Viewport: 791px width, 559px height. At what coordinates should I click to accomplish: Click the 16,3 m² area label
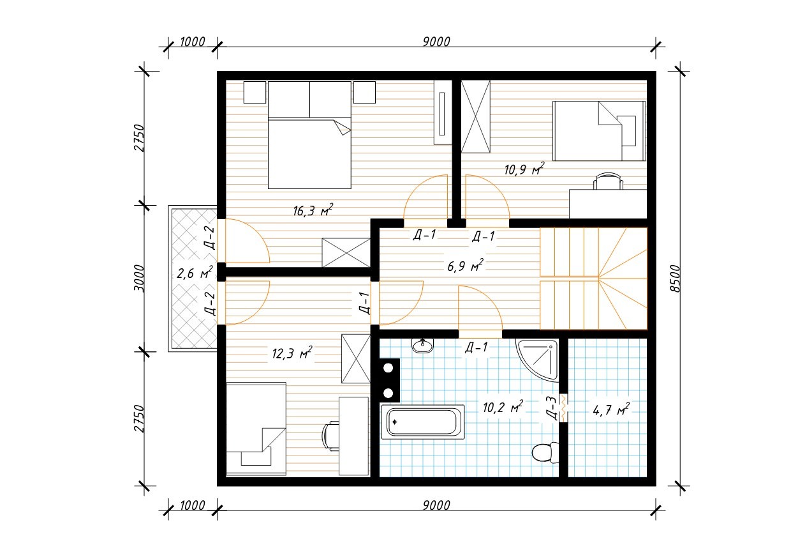tap(313, 210)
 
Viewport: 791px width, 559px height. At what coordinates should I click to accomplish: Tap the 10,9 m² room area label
tap(524, 169)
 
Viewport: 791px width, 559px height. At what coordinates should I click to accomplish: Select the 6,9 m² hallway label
tap(465, 265)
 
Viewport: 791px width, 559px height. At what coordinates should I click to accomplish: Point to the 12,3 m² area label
tap(292, 353)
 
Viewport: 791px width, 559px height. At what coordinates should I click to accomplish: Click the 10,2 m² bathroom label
tap(503, 407)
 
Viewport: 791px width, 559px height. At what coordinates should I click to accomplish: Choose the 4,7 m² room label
tap(611, 410)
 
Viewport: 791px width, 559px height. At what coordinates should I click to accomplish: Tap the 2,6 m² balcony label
tap(195, 273)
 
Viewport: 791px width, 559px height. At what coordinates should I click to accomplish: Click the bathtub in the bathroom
tap(422, 422)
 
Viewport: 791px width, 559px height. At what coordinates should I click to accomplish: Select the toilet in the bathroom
tap(545, 453)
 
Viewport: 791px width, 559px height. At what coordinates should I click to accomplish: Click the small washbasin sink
tap(422, 345)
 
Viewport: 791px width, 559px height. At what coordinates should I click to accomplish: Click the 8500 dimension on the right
tap(674, 279)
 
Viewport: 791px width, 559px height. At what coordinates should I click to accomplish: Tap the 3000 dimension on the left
tap(140, 279)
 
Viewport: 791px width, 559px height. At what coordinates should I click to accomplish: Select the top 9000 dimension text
tap(436, 42)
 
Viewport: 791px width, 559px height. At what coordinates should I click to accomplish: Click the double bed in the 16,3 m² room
tap(309, 135)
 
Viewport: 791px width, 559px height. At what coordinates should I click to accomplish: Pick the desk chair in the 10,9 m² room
tap(608, 181)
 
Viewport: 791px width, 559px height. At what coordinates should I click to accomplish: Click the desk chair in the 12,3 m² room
tap(330, 437)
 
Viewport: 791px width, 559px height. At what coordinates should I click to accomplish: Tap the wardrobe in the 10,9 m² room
tap(476, 117)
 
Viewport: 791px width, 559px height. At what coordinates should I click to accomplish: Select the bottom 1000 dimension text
tap(193, 505)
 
